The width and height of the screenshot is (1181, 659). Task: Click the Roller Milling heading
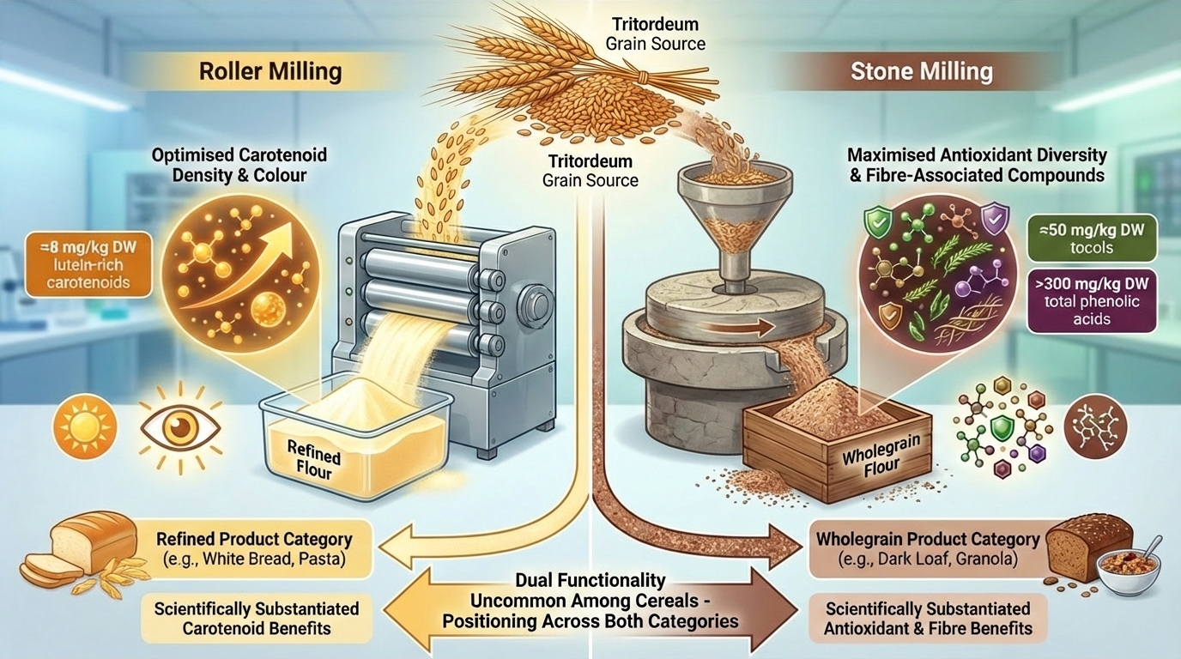point(270,71)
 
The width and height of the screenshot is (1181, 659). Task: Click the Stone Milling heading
point(921,71)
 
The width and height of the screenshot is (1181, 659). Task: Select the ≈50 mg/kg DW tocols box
point(1092,237)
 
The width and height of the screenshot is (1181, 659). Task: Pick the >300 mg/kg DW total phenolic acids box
point(1092,299)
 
